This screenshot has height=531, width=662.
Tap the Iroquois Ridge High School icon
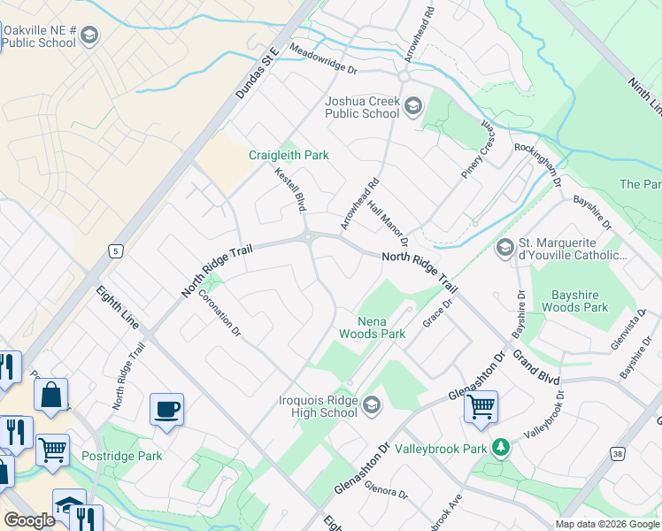[372, 406]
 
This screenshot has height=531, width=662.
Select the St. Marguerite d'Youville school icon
[505, 248]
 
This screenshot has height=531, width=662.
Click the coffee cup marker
[166, 409]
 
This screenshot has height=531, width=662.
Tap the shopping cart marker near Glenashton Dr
[481, 407]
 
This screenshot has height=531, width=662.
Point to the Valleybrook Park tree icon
[501, 448]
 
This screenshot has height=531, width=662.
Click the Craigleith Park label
[289, 155]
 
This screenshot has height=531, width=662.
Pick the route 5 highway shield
[114, 252]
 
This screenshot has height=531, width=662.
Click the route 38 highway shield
[618, 453]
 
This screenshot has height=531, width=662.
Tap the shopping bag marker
[52, 396]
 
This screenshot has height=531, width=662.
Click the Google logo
[29, 521]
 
